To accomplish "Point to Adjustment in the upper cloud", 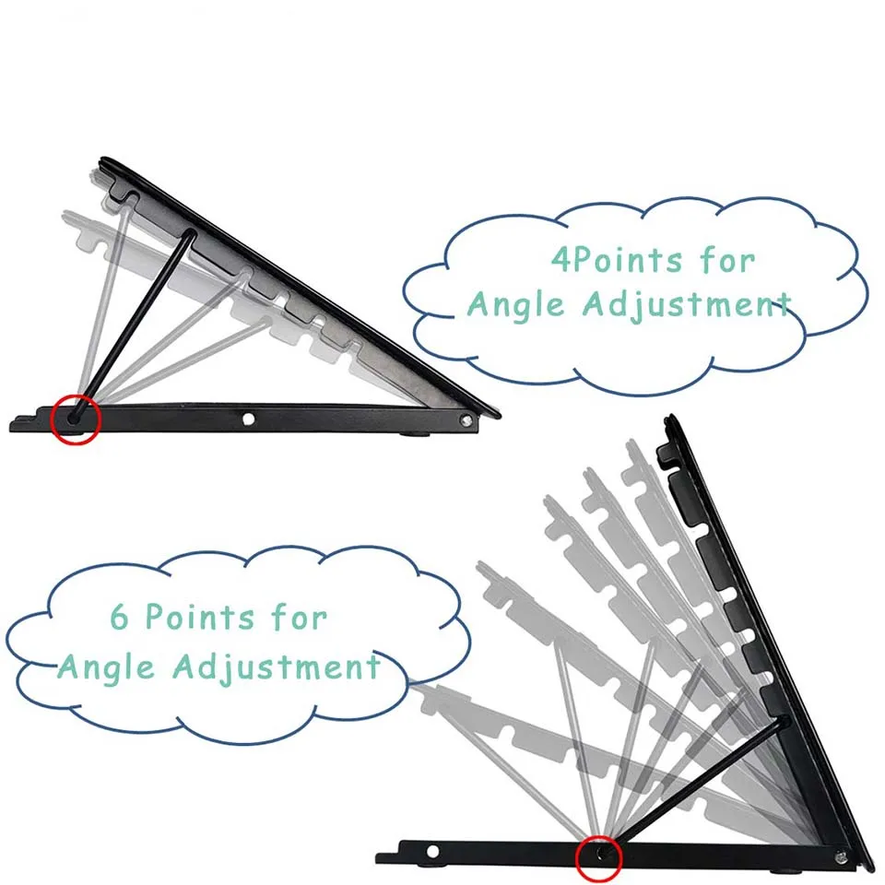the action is click(x=686, y=306).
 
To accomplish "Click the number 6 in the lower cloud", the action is click(x=121, y=617).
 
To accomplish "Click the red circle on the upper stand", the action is click(x=76, y=419).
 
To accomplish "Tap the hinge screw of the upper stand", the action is click(x=466, y=420).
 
